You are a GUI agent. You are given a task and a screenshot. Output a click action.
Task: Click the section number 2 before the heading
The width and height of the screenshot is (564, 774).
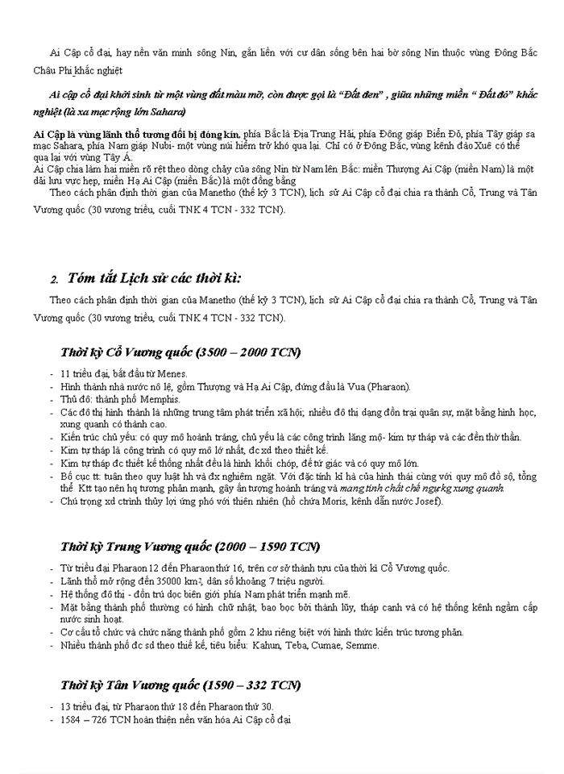pyautogui.click(x=55, y=281)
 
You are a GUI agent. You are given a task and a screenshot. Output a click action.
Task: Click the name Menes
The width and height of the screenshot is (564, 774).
pyautogui.click(x=172, y=373)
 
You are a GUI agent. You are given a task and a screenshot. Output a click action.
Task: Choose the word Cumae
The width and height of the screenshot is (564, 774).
pyautogui.click(x=336, y=645)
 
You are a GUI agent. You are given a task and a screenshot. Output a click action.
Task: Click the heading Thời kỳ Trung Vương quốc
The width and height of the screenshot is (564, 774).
pyautogui.click(x=189, y=547)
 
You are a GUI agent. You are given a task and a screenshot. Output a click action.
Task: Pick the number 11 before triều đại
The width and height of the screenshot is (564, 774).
pyautogui.click(x=66, y=373)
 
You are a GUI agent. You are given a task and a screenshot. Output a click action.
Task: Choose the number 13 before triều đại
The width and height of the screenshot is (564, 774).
pyautogui.click(x=66, y=706)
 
